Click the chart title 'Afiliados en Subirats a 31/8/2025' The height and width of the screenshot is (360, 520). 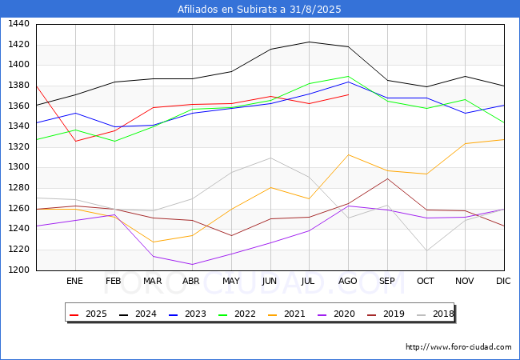260,10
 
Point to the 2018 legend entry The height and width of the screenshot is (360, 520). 432,314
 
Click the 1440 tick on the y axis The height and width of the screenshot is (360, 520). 18,24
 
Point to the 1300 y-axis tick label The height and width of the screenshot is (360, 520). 18,167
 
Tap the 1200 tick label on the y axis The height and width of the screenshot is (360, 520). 18,270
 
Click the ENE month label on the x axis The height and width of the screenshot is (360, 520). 74,281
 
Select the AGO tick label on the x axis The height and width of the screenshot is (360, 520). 348,281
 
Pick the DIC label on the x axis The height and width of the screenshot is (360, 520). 503,281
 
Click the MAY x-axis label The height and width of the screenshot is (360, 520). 230,281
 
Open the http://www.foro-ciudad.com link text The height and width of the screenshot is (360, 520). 458,347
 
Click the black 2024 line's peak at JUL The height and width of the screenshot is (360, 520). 309,42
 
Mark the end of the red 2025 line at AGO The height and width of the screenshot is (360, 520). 348,94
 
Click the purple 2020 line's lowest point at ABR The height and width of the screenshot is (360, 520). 191,265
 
